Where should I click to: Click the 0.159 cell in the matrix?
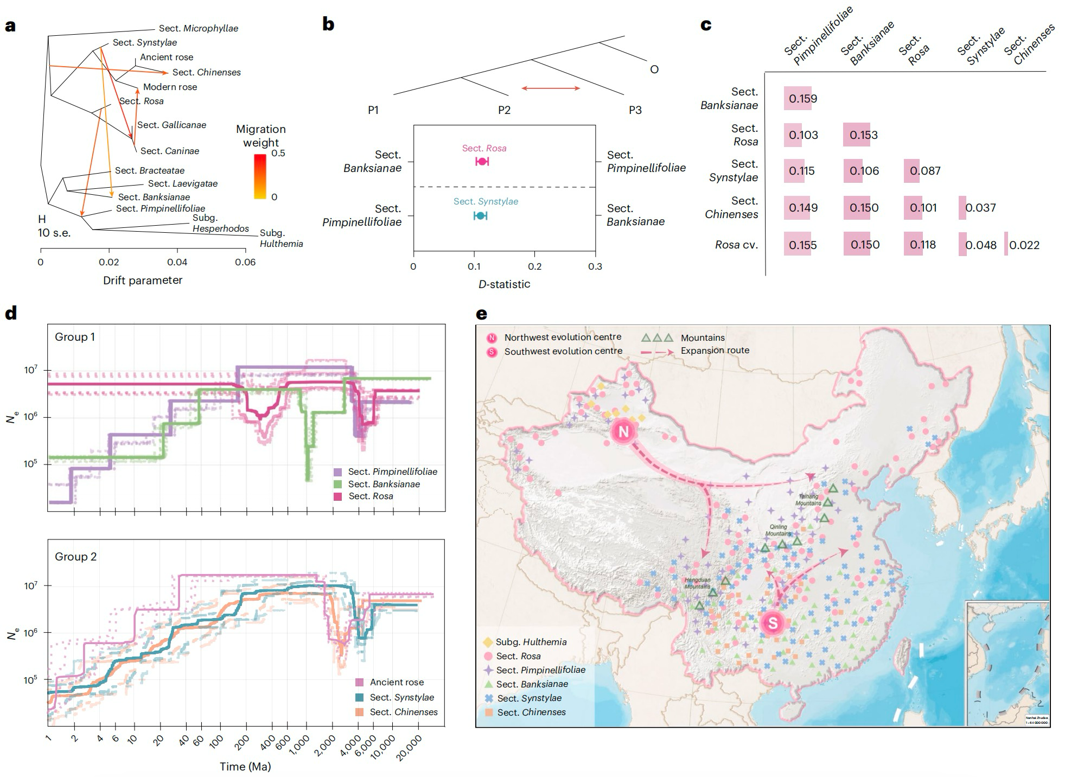(802, 99)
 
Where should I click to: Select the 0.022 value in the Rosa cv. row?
(1024, 245)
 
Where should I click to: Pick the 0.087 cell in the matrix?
(925, 171)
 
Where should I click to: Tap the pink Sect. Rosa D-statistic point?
(482, 161)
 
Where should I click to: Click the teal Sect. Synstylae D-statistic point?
(480, 215)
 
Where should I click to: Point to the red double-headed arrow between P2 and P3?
(551, 88)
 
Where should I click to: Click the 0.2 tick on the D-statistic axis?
(534, 266)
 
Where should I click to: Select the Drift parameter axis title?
(143, 281)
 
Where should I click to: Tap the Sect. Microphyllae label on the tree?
(198, 29)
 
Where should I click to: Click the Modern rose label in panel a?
(170, 87)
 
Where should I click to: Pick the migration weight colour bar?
(260, 176)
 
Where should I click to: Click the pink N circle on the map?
(623, 431)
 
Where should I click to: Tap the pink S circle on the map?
(772, 622)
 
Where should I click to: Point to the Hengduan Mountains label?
(697, 583)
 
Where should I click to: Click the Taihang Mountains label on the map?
(808, 499)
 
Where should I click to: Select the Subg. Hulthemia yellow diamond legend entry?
(525, 642)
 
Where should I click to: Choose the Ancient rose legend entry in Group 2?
(397, 682)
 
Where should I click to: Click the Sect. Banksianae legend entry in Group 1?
(384, 484)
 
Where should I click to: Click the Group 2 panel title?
(75, 557)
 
